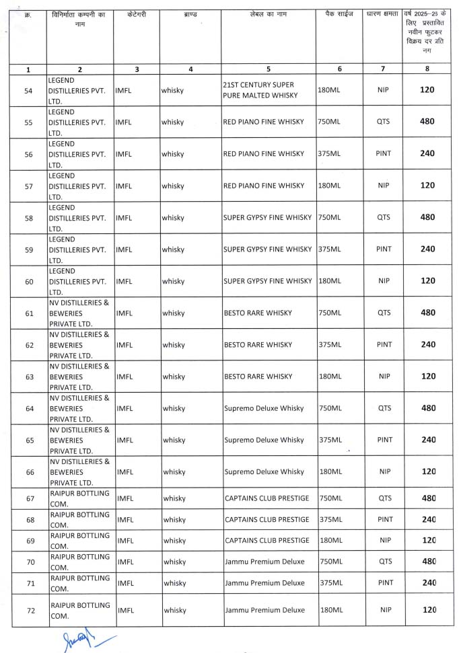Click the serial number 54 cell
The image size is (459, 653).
(x=28, y=90)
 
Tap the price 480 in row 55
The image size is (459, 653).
(x=427, y=122)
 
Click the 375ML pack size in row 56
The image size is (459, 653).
(x=329, y=153)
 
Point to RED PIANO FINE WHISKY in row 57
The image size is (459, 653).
(x=263, y=186)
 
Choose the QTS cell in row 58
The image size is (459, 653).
(x=384, y=217)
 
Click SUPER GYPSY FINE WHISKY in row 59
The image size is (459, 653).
(x=267, y=249)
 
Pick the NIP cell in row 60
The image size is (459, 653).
(x=384, y=281)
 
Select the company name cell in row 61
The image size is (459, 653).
(x=79, y=313)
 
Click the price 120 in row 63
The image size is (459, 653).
(x=427, y=377)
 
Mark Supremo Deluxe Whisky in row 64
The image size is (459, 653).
(x=264, y=408)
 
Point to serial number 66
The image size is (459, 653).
(x=28, y=472)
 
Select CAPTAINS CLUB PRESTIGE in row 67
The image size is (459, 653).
(x=267, y=498)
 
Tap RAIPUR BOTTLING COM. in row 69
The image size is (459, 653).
(x=79, y=541)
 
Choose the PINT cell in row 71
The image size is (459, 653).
(x=384, y=583)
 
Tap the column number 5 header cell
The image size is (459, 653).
(x=269, y=69)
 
